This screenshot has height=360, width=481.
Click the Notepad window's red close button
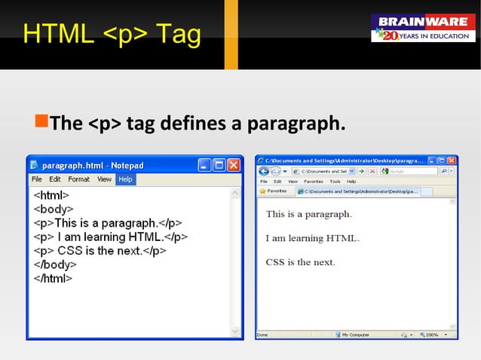point(234,165)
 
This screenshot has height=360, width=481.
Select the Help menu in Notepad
point(125,179)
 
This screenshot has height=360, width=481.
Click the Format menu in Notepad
point(79,179)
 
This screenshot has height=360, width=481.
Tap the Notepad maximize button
point(219,165)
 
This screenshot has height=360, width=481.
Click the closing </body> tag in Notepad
point(54,264)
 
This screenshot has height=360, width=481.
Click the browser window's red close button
point(452,160)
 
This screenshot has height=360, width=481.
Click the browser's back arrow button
point(264,171)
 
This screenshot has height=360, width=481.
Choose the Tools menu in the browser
point(335,182)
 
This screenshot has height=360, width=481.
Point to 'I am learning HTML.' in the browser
point(313,239)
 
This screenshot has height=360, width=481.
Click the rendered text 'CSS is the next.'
point(300,263)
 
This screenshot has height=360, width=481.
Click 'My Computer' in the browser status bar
point(355,334)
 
